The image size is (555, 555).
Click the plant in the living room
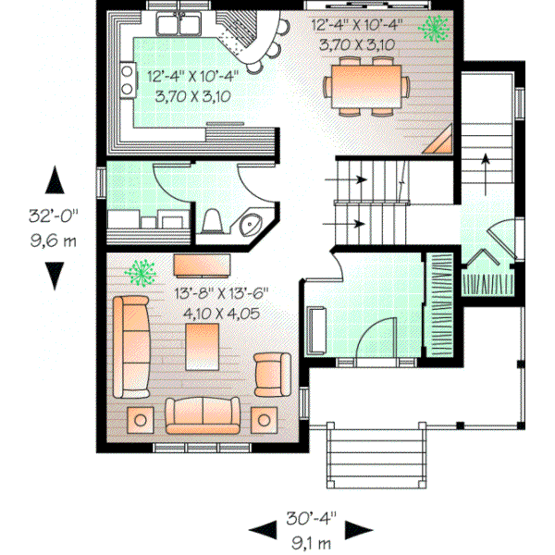141,272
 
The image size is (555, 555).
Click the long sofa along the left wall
131,345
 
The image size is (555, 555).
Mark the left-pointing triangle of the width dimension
262,530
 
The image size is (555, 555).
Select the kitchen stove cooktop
126,80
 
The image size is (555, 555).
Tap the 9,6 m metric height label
54,239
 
